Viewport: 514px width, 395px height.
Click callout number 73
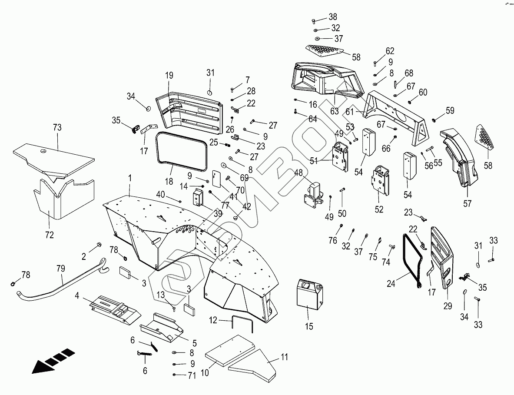[57, 127]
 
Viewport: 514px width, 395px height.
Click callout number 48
[299, 173]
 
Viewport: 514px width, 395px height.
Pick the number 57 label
[467, 203]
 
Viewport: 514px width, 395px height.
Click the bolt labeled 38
[315, 20]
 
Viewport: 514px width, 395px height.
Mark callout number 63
[334, 111]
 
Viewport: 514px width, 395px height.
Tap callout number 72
[50, 235]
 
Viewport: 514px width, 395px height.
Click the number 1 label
[129, 178]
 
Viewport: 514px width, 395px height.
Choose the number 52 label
[379, 209]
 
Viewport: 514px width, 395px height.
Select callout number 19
[169, 76]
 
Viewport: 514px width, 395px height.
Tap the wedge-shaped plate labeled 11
[256, 363]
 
